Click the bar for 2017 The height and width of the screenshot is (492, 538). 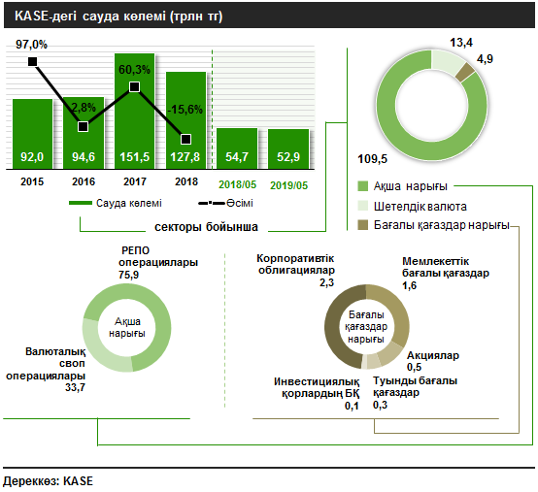(x=134, y=111)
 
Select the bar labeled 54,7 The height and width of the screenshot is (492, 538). (x=237, y=148)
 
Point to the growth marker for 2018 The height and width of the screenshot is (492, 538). (x=185, y=139)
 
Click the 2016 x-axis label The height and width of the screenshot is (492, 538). (x=84, y=181)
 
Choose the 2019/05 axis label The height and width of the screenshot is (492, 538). (x=288, y=185)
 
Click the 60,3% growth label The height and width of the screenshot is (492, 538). (x=134, y=70)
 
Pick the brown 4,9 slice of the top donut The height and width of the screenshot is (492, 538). (x=465, y=72)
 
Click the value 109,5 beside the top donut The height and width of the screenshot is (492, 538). (x=372, y=159)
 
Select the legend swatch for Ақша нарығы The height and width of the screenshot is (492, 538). (x=362, y=186)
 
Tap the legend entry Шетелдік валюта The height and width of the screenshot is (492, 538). (x=420, y=207)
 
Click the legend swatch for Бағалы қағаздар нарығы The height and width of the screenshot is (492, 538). (x=362, y=225)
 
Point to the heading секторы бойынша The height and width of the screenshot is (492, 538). (x=206, y=227)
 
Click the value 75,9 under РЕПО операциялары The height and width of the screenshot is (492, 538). (x=128, y=275)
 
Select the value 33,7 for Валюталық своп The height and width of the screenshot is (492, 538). (x=75, y=387)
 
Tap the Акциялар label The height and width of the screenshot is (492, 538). (x=433, y=355)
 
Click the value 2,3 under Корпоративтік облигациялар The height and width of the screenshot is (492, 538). (x=326, y=282)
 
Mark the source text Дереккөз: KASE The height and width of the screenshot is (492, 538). (x=48, y=481)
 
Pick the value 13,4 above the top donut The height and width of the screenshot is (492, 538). (x=461, y=43)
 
